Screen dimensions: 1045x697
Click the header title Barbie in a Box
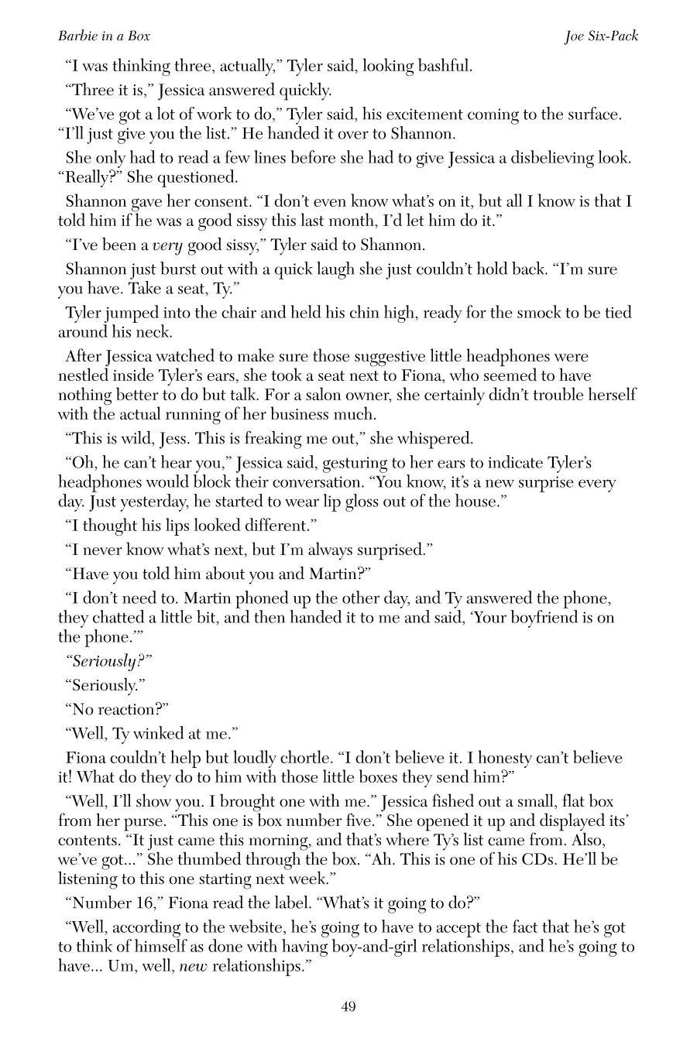(104, 36)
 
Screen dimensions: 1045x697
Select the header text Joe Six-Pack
(601, 36)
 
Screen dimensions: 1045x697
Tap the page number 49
(348, 1006)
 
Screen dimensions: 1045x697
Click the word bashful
(444, 66)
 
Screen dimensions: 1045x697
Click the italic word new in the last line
(193, 966)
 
